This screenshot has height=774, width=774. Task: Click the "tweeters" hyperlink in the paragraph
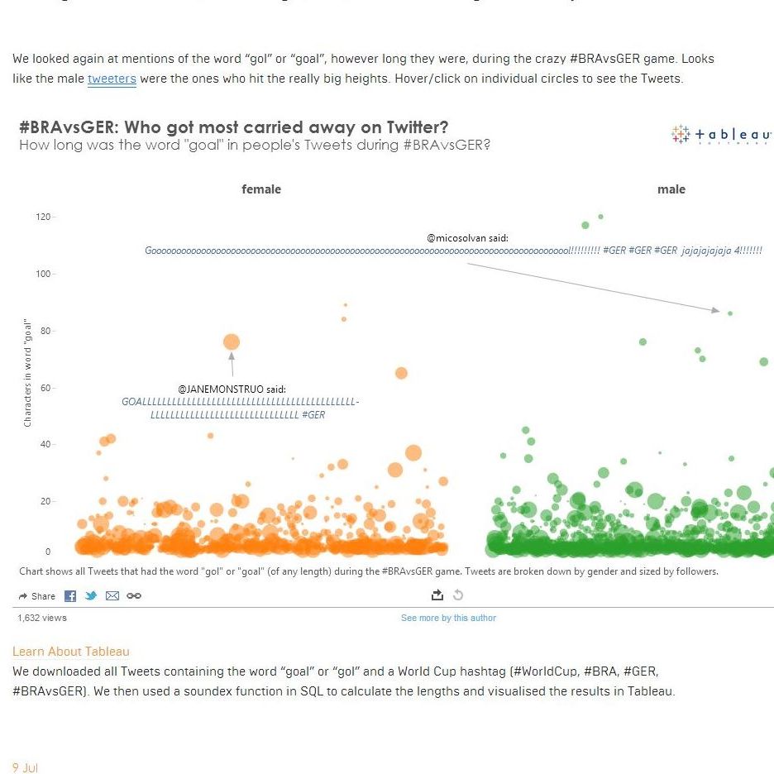(112, 79)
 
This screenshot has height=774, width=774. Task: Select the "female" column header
(261, 189)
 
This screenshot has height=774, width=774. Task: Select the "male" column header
(671, 189)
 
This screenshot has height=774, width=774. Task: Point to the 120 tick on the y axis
(42, 217)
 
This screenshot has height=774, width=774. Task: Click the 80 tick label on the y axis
(45, 331)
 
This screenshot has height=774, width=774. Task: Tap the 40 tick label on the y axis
(45, 445)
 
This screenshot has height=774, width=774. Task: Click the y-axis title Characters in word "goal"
(27, 372)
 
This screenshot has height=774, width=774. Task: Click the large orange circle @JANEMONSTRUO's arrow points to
(232, 342)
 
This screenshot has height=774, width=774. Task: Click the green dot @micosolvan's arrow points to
(730, 313)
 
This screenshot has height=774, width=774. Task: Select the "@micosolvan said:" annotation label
(467, 238)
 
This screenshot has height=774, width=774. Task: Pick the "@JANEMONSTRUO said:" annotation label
(232, 389)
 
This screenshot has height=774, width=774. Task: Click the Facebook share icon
(70, 596)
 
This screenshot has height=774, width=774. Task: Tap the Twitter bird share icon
(91, 596)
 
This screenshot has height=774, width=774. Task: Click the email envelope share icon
(112, 596)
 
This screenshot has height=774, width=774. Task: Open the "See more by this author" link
(448, 618)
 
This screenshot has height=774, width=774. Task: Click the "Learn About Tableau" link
(71, 652)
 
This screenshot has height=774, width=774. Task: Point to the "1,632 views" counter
(42, 618)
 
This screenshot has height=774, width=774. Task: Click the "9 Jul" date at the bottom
(26, 767)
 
